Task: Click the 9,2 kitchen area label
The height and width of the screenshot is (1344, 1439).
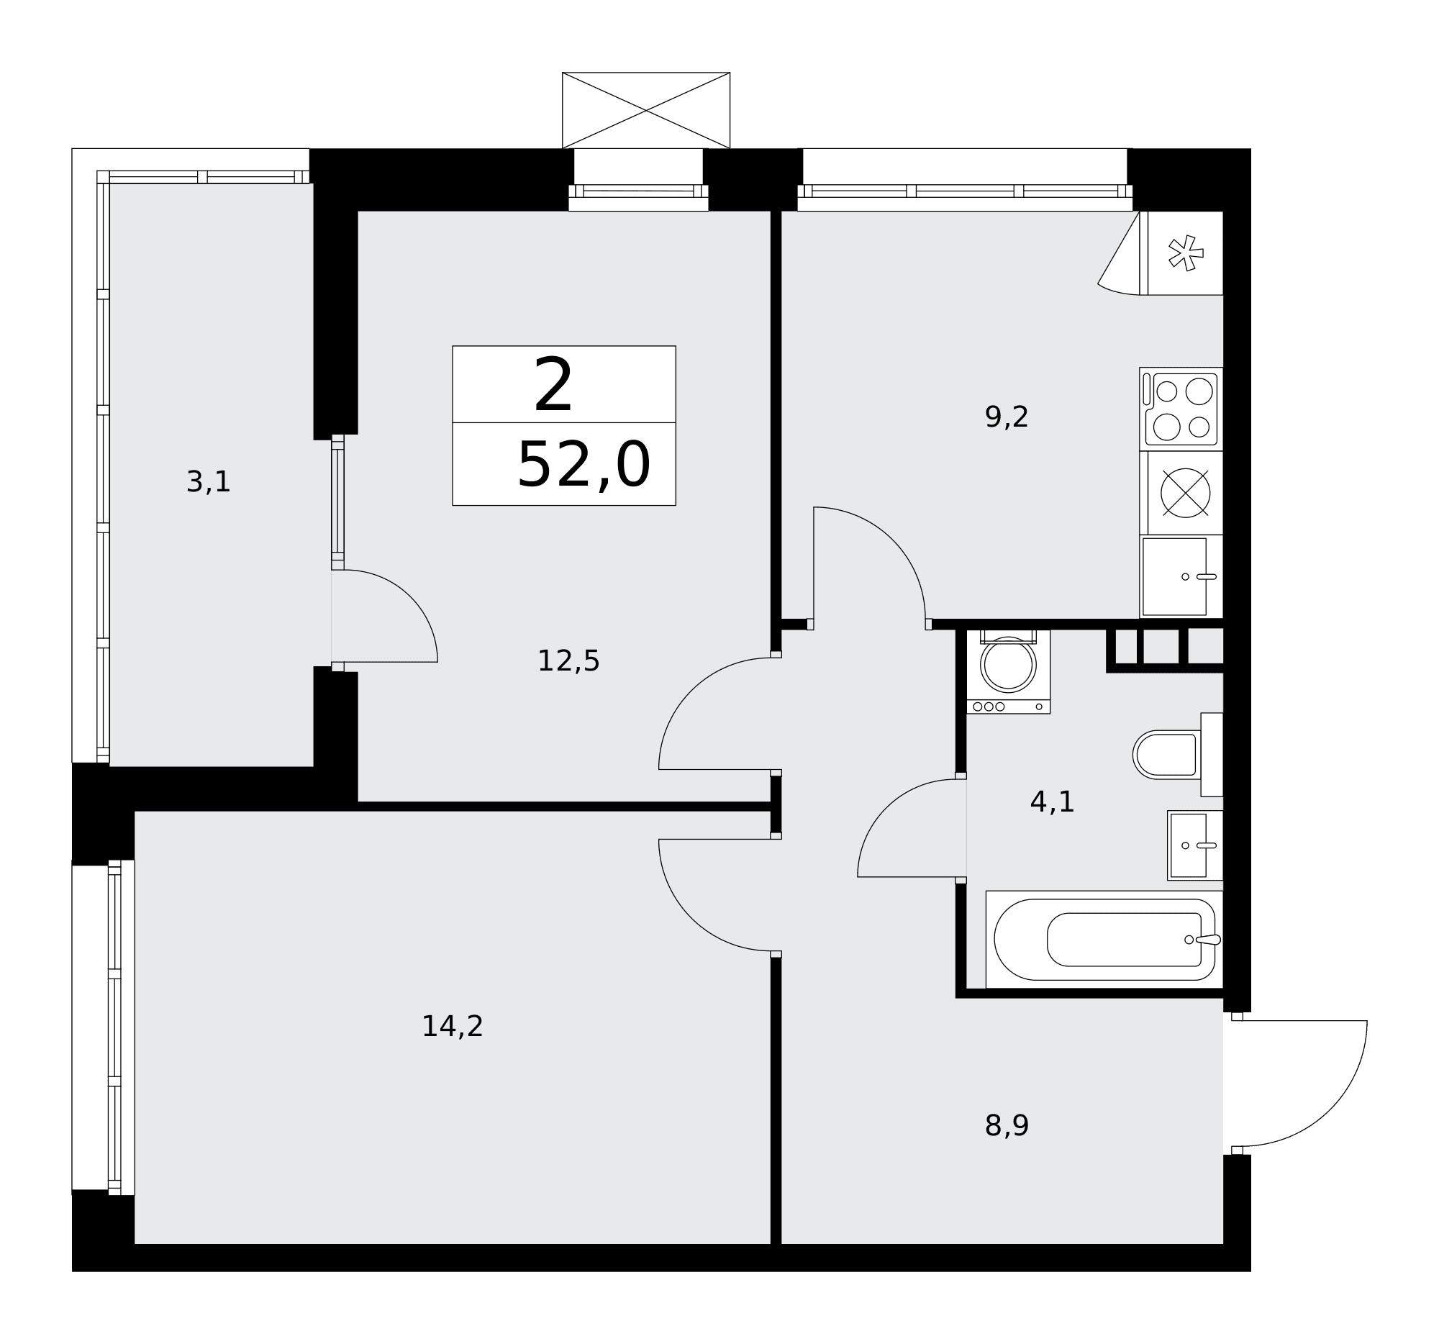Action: coord(1006,417)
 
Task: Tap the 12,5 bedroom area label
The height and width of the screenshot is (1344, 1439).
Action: coord(568,661)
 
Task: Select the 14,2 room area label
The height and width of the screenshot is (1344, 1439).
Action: coord(453,1027)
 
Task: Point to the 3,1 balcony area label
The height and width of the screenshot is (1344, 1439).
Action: coord(209,482)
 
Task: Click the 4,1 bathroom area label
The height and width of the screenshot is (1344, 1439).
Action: coord(1052,803)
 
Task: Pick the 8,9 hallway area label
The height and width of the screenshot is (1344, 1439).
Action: coord(1006,1126)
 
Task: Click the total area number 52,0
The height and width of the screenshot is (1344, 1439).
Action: coord(584,466)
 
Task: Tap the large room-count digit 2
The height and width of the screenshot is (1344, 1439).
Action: coord(553,386)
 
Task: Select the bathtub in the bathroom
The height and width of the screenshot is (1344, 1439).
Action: coord(1104,940)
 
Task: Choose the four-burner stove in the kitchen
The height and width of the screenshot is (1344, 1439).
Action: coord(1181,409)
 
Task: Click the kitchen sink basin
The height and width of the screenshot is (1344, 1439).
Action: coord(1175,577)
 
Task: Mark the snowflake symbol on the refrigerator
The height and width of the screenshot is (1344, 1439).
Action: coord(1186,253)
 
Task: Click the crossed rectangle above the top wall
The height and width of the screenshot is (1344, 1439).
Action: coord(645,110)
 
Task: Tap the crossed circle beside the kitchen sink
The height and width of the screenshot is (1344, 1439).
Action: coord(1185,494)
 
